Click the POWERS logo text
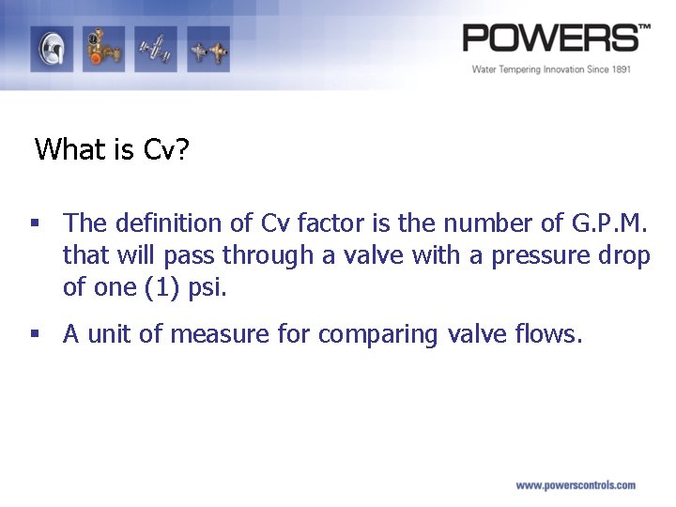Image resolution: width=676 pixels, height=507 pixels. click(x=554, y=38)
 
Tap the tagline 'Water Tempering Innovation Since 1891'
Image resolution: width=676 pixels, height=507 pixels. click(x=551, y=69)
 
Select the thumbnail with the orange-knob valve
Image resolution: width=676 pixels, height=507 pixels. click(x=103, y=48)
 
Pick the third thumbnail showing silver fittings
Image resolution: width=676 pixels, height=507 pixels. click(x=155, y=48)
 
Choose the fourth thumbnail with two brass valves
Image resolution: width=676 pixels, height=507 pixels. click(x=207, y=48)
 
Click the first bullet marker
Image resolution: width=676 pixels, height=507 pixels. click(x=35, y=223)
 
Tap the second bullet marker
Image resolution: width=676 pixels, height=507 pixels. click(x=35, y=334)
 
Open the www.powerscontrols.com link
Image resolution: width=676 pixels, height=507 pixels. click(x=575, y=485)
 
